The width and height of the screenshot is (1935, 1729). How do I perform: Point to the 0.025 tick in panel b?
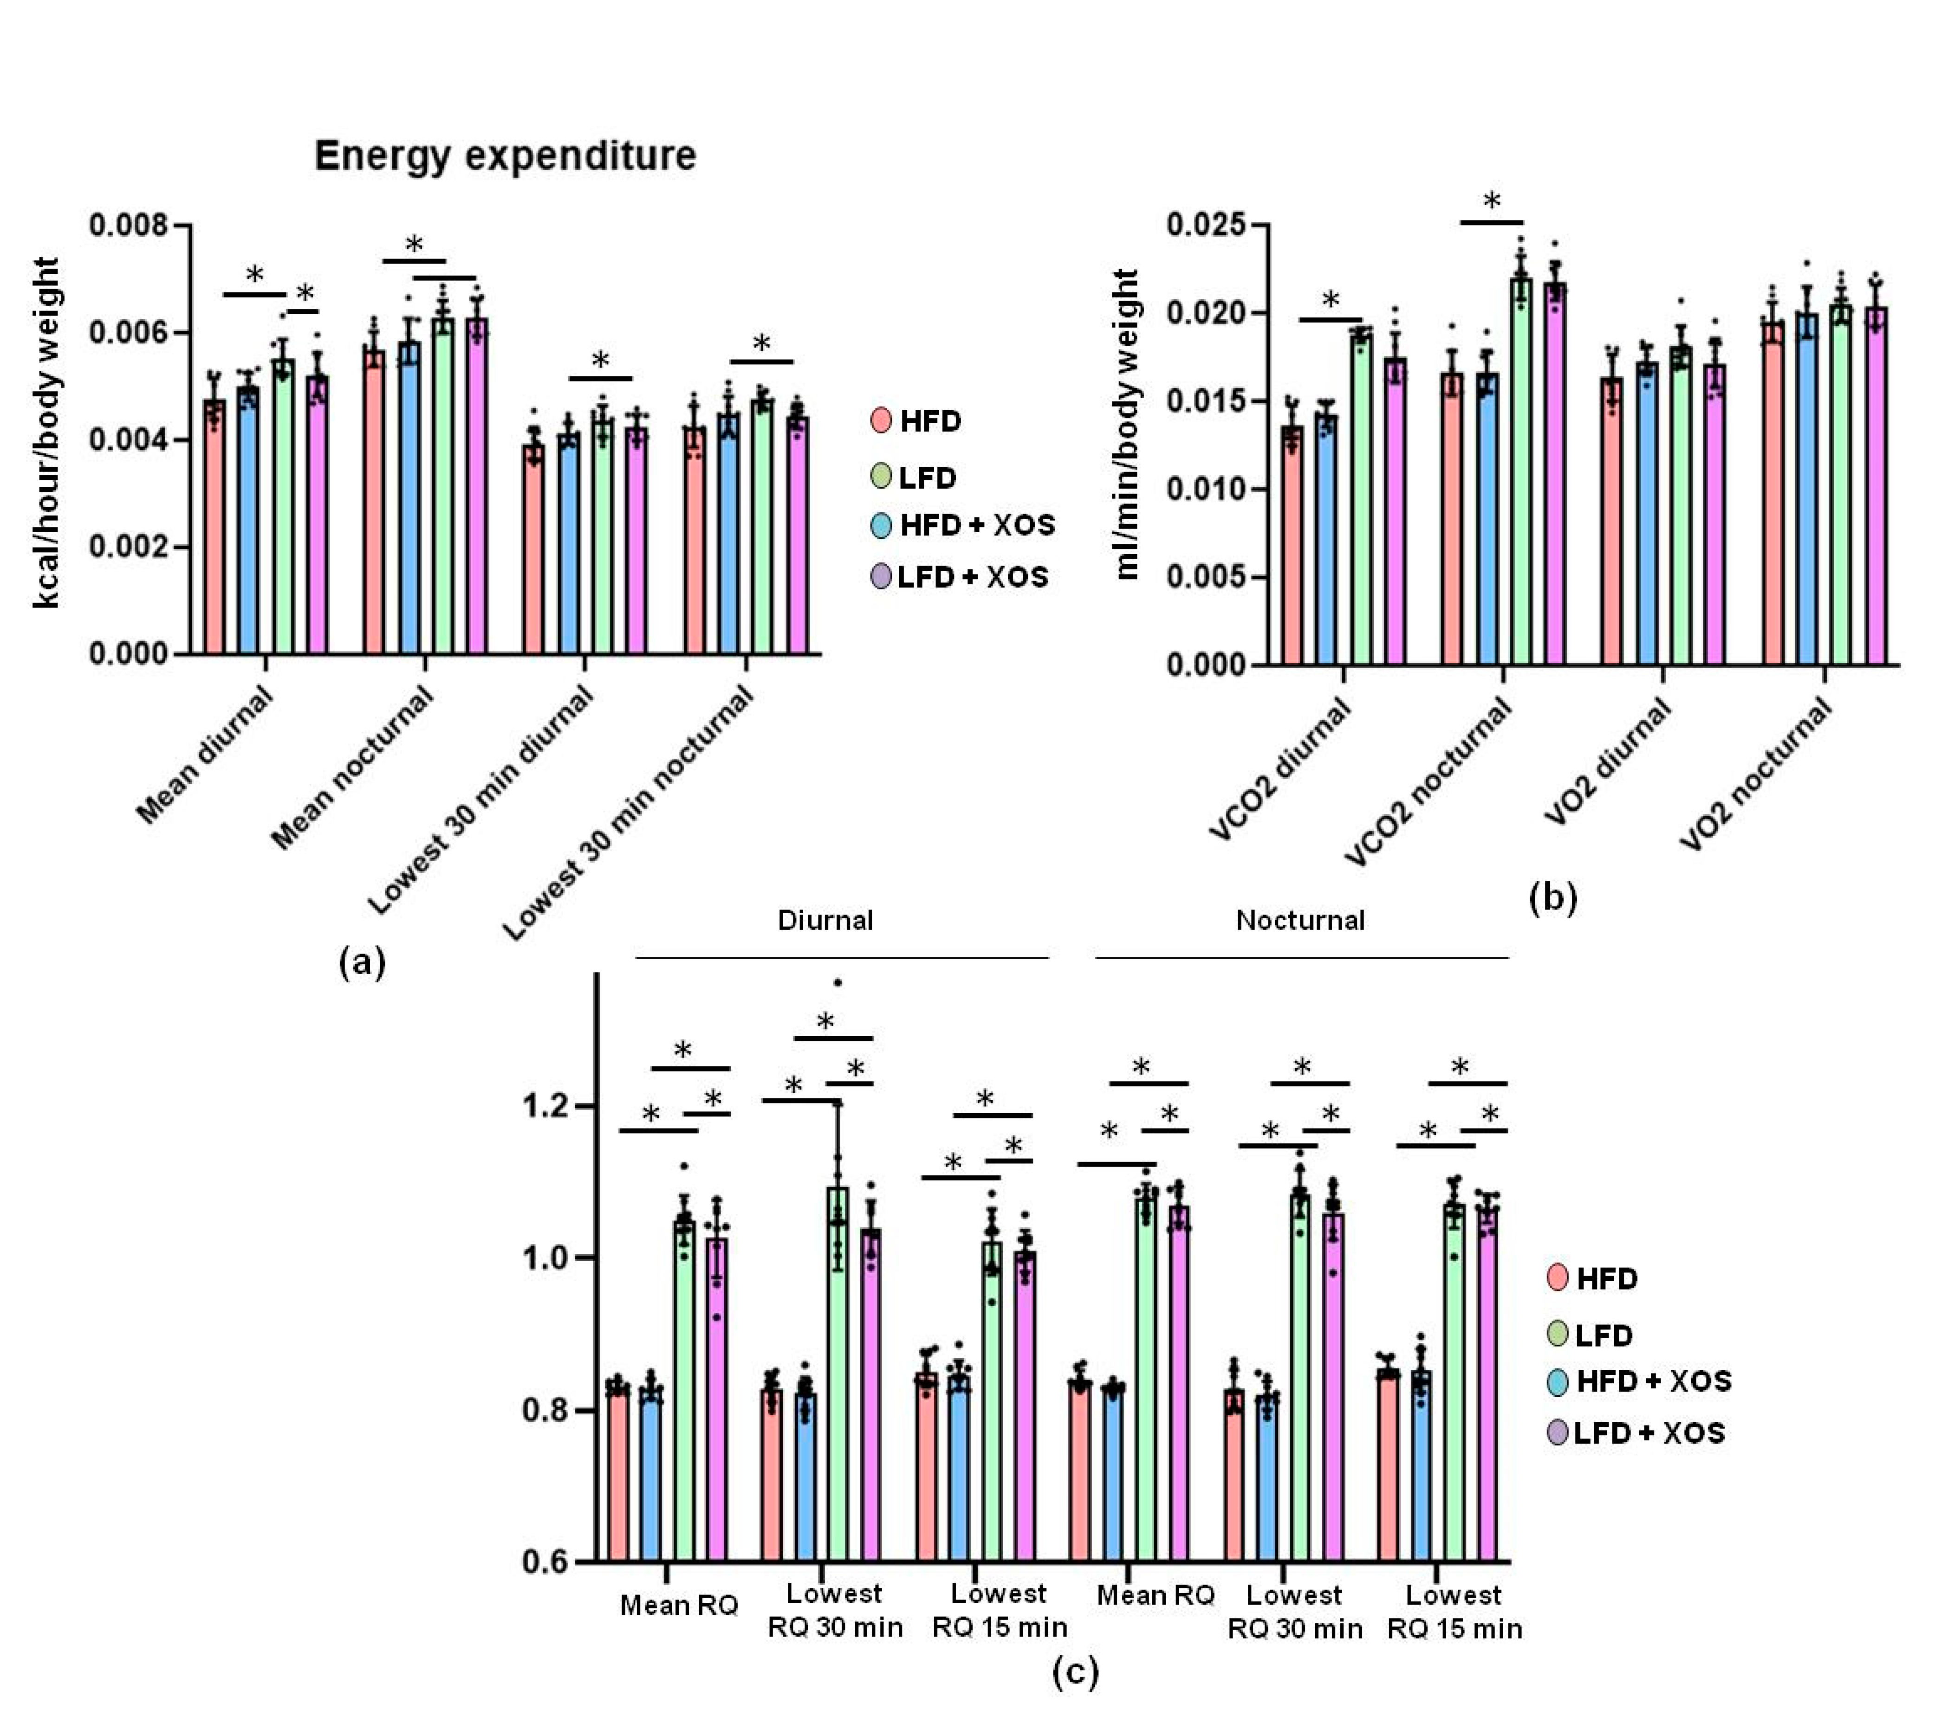pos(1205,226)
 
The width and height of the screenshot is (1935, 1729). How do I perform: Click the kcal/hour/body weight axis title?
pos(47,432)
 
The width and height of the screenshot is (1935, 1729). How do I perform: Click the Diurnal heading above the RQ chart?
pos(825,920)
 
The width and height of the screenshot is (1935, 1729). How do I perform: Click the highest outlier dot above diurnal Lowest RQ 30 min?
pos(838,982)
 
